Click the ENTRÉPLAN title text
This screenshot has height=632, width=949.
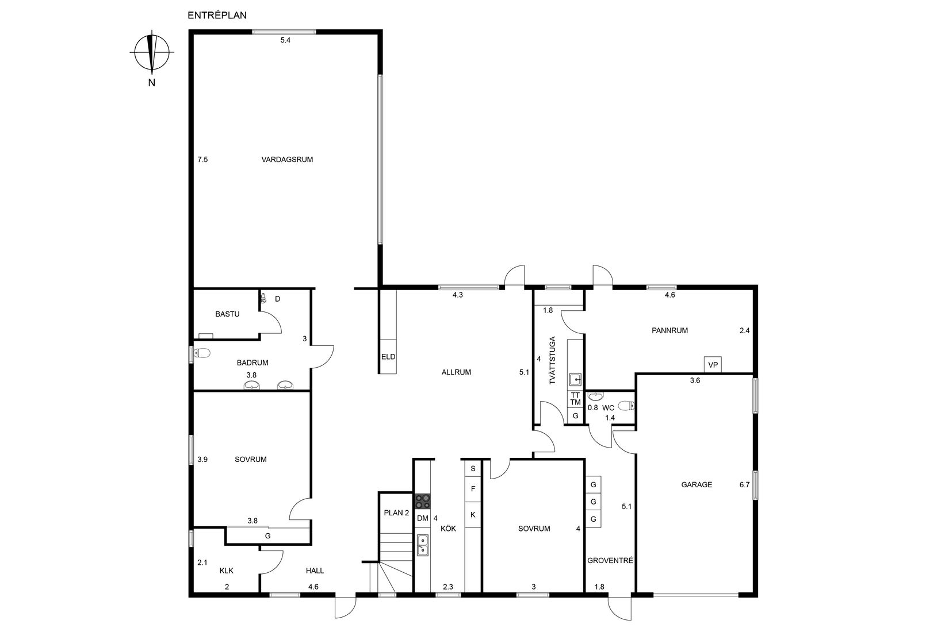(217, 16)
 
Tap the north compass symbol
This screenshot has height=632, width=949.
(152, 52)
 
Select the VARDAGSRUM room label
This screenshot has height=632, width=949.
(287, 160)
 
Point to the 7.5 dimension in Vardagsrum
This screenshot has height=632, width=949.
(202, 160)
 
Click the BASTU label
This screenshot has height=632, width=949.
(227, 314)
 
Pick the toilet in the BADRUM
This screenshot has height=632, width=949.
(202, 353)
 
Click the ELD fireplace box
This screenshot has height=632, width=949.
(388, 356)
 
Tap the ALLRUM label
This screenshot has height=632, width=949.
(456, 372)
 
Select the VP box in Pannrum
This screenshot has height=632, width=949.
(713, 364)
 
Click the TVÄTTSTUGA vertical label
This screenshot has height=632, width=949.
(552, 360)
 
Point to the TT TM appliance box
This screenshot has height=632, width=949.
(575, 399)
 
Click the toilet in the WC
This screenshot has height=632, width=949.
(626, 406)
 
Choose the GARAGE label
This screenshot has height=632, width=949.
(697, 485)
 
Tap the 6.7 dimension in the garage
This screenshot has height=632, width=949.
(744, 485)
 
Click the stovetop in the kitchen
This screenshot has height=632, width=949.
(422, 502)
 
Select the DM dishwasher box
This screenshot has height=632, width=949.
(422, 518)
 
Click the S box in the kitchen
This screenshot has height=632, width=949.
(473, 469)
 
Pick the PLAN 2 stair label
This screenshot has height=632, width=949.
(396, 512)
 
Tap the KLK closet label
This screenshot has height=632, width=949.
(226, 571)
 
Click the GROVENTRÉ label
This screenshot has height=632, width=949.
(610, 560)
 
